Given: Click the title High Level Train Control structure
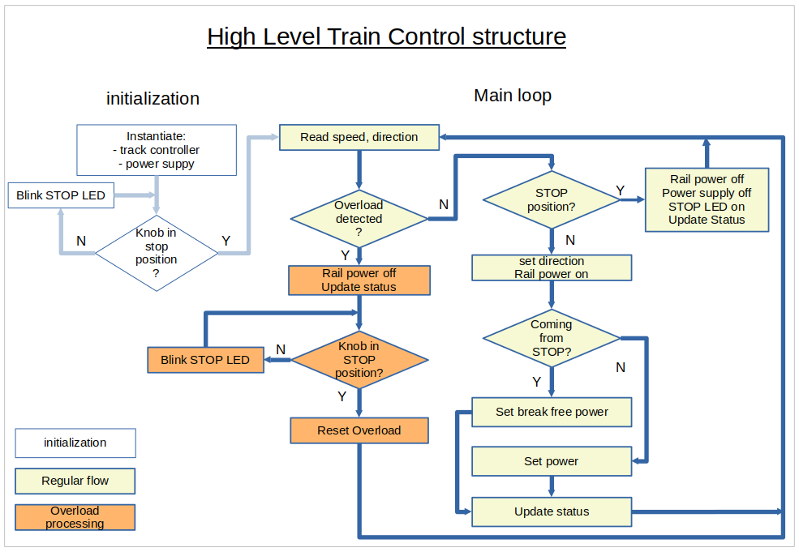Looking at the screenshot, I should [x=386, y=36].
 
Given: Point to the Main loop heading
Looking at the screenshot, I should [x=512, y=96].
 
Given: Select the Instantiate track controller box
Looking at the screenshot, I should [x=157, y=150].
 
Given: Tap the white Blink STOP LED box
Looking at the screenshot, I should [x=61, y=195].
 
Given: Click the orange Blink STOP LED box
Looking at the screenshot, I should [x=205, y=360].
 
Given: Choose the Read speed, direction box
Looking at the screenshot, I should [x=359, y=137].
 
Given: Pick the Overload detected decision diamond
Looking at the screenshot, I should [x=359, y=218].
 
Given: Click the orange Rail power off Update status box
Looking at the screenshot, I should [x=359, y=280].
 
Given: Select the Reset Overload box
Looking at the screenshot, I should [x=359, y=430].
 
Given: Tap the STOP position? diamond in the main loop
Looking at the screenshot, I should [x=552, y=199].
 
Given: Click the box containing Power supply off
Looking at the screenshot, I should [x=707, y=199].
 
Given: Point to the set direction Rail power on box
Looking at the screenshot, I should [x=552, y=267].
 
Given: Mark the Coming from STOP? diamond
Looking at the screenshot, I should [x=552, y=338].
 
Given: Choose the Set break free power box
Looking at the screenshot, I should [x=552, y=412].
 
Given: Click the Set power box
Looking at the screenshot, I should [x=552, y=461].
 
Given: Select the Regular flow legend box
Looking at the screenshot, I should [x=75, y=481].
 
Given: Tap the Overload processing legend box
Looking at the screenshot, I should [x=75, y=517].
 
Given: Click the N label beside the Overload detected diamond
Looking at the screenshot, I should [x=444, y=204].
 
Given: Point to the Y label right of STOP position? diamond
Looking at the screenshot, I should [x=621, y=190].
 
